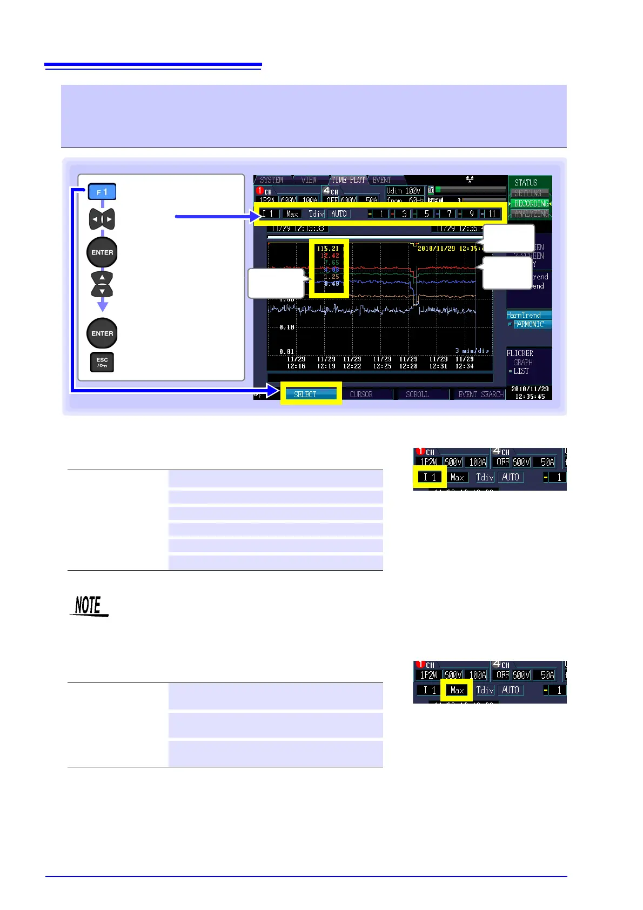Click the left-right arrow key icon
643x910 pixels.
[102, 219]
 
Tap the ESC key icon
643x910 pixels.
[102, 362]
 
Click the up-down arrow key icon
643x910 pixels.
[102, 284]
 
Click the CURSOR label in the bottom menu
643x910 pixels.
[361, 394]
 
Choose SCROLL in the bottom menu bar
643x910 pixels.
[417, 394]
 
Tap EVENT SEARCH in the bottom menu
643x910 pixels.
[480, 394]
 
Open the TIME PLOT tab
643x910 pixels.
[348, 180]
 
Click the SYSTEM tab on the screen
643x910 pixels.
[271, 180]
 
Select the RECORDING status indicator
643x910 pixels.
[531, 203]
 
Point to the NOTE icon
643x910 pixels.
[89, 606]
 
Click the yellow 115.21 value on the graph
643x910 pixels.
[328, 249]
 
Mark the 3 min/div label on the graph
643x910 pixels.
[472, 351]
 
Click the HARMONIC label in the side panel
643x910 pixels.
[529, 324]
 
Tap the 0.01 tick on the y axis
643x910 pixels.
[286, 352]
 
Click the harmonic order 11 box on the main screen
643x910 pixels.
[492, 213]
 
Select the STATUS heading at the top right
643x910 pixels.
[526, 183]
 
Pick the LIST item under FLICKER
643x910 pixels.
[521, 371]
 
